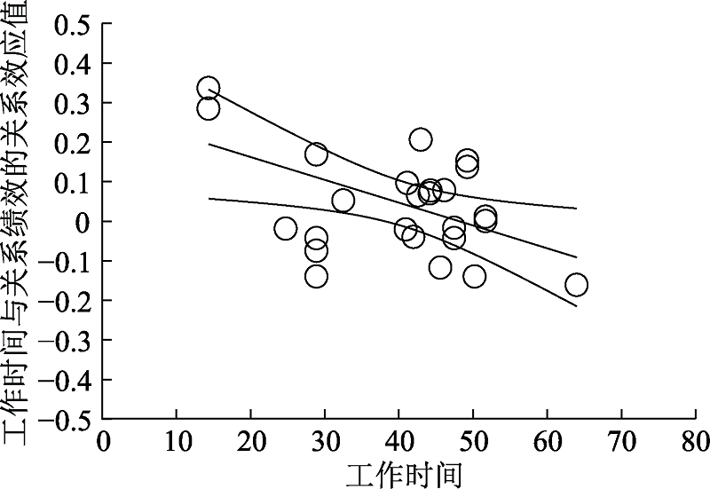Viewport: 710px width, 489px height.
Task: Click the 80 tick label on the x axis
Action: [x=694, y=441]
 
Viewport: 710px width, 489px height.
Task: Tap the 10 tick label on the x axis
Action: [x=177, y=441]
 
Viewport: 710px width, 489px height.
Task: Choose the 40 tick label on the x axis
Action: [x=398, y=441]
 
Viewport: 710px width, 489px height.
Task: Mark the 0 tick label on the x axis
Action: [x=104, y=441]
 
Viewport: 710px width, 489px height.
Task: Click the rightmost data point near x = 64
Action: [x=576, y=285]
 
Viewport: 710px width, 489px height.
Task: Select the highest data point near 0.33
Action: [x=209, y=89]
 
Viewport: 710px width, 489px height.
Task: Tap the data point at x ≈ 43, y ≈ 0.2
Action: [x=421, y=139]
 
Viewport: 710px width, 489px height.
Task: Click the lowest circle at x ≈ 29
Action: [x=316, y=276]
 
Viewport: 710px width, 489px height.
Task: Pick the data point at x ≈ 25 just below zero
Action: [x=285, y=229]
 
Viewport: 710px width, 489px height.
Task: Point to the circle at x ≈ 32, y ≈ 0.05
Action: [x=343, y=201]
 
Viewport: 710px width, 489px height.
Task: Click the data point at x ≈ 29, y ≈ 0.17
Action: [x=316, y=154]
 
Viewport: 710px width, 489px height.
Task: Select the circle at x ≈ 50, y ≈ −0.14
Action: [x=475, y=276]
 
